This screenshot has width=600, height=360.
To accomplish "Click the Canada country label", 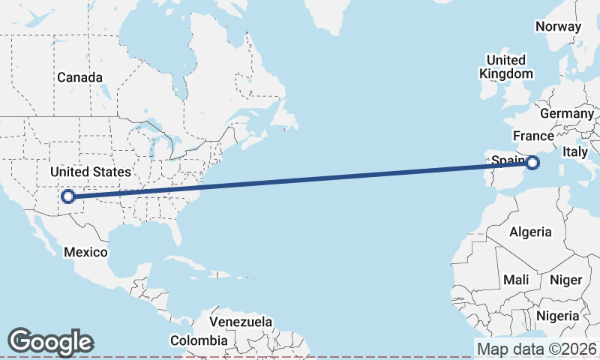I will pos(80,77).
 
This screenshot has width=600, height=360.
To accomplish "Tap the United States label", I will pos(90,172).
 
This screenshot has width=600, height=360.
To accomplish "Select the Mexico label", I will pos(85,252).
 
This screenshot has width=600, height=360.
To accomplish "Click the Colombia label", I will pos(198,340).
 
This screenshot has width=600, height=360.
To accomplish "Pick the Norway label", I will pos(558,26).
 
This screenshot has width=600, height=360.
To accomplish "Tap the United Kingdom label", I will pos(506,67).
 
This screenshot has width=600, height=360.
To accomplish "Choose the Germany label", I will pos(566,112).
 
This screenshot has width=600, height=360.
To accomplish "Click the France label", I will pos(533,136).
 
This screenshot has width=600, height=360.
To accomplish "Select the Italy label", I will pos(575,151).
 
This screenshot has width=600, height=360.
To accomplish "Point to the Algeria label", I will pos(530,232).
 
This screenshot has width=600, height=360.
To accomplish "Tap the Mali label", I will pos(516,280).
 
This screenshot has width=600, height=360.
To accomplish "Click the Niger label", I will pos(566,280).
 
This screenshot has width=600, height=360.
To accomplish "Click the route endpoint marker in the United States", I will pos(68,196).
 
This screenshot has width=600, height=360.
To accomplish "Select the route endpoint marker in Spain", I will pos(532,162).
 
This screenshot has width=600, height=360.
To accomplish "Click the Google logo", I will pos(51,342).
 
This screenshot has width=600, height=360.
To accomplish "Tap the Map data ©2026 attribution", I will pos(537,349).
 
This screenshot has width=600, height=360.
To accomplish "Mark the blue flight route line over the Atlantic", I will pos(300,179).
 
